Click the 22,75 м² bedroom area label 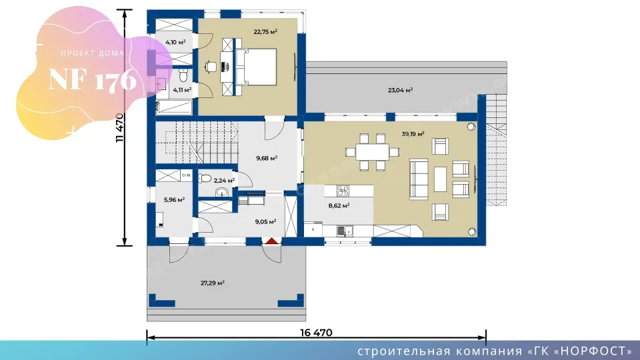click(x=265, y=31)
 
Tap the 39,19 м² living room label click(x=413, y=133)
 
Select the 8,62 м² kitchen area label click(x=339, y=206)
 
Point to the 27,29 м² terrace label click(x=212, y=283)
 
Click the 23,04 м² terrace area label click(x=400, y=90)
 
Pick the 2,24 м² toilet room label click(x=224, y=181)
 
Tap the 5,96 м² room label click(x=174, y=199)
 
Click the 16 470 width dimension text click(x=316, y=333)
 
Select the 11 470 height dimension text click(x=119, y=127)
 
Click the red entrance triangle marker click(x=272, y=241)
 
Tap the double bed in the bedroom click(x=256, y=67)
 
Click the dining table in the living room click(x=372, y=152)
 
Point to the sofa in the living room click(x=419, y=179)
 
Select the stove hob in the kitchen click(x=343, y=191)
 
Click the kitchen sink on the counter click(x=345, y=231)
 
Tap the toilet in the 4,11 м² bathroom click(x=183, y=75)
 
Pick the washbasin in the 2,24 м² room click(x=221, y=192)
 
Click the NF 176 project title click(x=92, y=79)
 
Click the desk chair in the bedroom click(x=211, y=67)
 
